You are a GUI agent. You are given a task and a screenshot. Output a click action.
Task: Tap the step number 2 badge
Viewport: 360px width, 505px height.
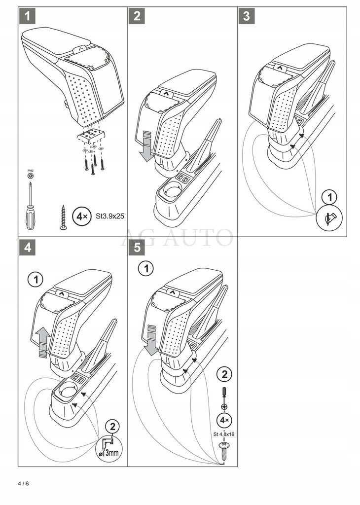click(137, 16)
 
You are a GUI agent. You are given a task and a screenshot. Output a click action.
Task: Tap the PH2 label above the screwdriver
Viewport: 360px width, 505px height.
click(30, 171)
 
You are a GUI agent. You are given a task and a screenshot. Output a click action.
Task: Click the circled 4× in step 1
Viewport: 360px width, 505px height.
click(80, 216)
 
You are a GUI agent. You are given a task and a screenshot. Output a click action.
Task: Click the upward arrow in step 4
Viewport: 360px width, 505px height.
click(43, 342)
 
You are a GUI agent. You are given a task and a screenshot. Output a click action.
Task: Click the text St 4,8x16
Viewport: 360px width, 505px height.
click(224, 434)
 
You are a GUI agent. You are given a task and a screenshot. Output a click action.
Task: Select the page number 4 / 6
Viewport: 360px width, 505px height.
click(23, 483)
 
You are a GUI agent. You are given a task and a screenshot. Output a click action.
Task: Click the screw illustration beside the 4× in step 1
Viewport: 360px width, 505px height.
click(64, 217)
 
